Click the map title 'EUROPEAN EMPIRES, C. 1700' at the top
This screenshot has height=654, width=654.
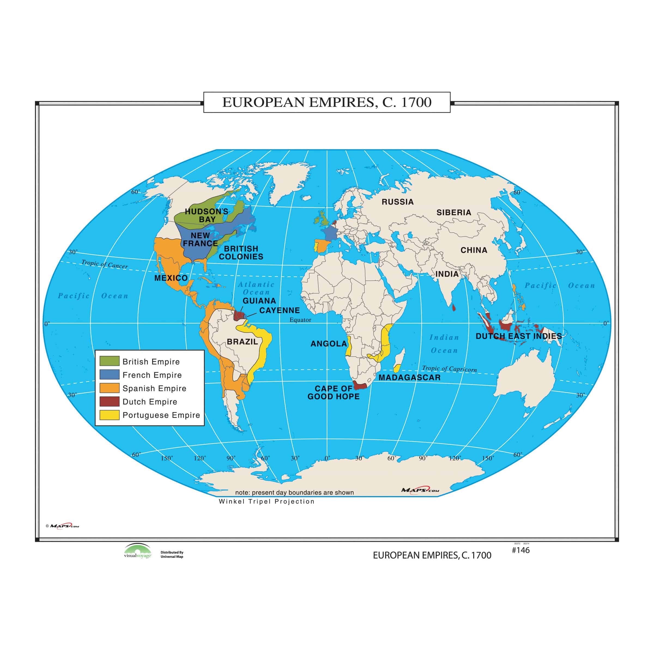tap(327, 102)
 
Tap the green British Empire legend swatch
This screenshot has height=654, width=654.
tap(109, 361)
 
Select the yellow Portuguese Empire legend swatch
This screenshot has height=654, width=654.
tap(109, 415)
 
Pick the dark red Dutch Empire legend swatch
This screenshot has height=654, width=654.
tap(109, 401)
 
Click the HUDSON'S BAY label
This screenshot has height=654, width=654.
tap(207, 215)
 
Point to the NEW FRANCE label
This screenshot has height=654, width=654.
tap(200, 239)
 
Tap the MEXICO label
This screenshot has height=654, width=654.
tap(171, 278)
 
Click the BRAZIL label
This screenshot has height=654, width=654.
tap(242, 341)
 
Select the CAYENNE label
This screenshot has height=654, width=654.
tap(280, 310)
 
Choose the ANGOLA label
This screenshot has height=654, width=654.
tap(329, 344)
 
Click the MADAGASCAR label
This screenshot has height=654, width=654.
tap(410, 377)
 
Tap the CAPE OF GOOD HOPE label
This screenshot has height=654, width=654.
tap(334, 393)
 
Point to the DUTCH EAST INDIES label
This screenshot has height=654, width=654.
tap(519, 336)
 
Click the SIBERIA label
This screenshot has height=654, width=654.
tap(454, 213)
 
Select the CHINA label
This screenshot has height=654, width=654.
tap(474, 250)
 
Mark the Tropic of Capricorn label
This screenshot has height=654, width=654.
tap(449, 369)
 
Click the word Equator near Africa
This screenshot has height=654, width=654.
tap(300, 320)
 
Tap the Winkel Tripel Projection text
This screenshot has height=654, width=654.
tap(267, 501)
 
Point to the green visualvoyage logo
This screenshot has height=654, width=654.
tap(137, 551)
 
